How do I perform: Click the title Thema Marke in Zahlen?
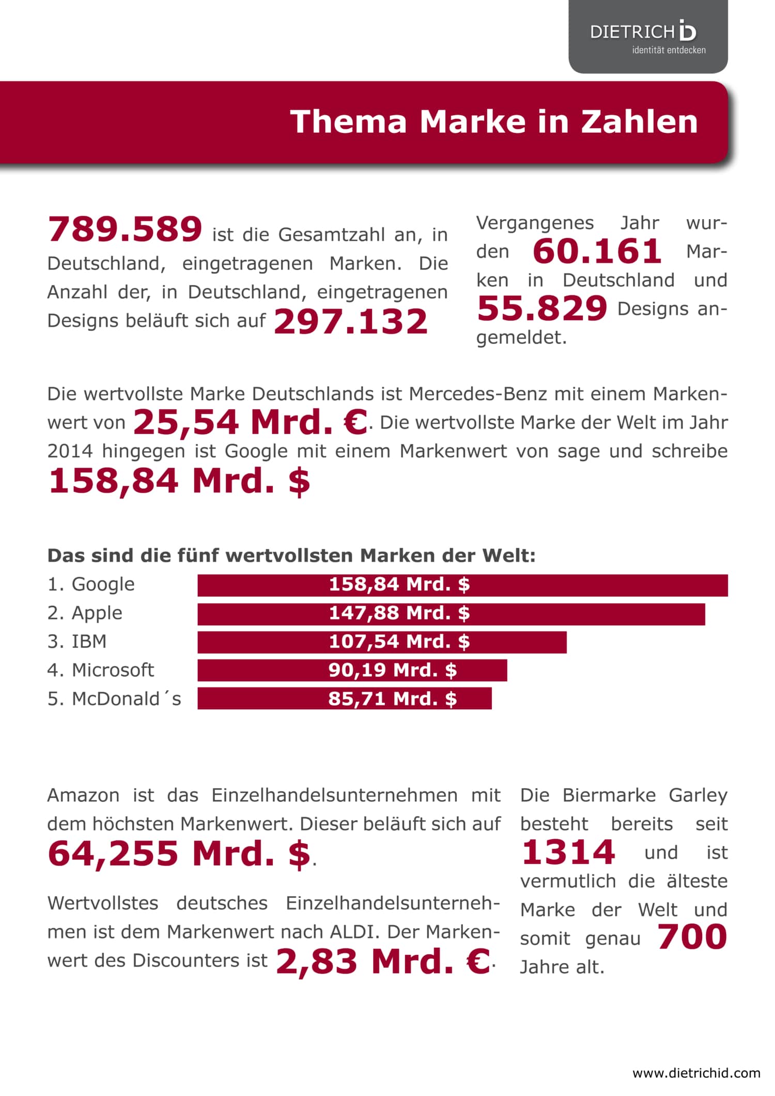pos(494,121)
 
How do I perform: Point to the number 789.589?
pos(125,229)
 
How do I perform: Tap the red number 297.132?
pos(350,321)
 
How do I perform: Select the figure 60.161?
pos(597,252)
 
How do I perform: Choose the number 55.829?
pos(542,308)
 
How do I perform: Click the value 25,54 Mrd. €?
pos(250,422)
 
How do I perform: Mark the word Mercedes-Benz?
pos(478,394)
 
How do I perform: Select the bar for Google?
pos(462,585)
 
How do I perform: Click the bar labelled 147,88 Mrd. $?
pos(451,614)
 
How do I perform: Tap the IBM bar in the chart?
pos(382,642)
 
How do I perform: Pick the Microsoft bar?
pos(352,670)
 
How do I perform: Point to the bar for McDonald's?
pos(345,698)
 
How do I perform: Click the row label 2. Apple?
pos(85,613)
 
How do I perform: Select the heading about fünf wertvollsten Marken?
pos(291,555)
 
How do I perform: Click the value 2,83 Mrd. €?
pos(383,961)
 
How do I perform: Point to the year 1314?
pos(568,852)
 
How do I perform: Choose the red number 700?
pos(692,937)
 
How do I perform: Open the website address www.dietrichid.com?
pos(696,1073)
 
